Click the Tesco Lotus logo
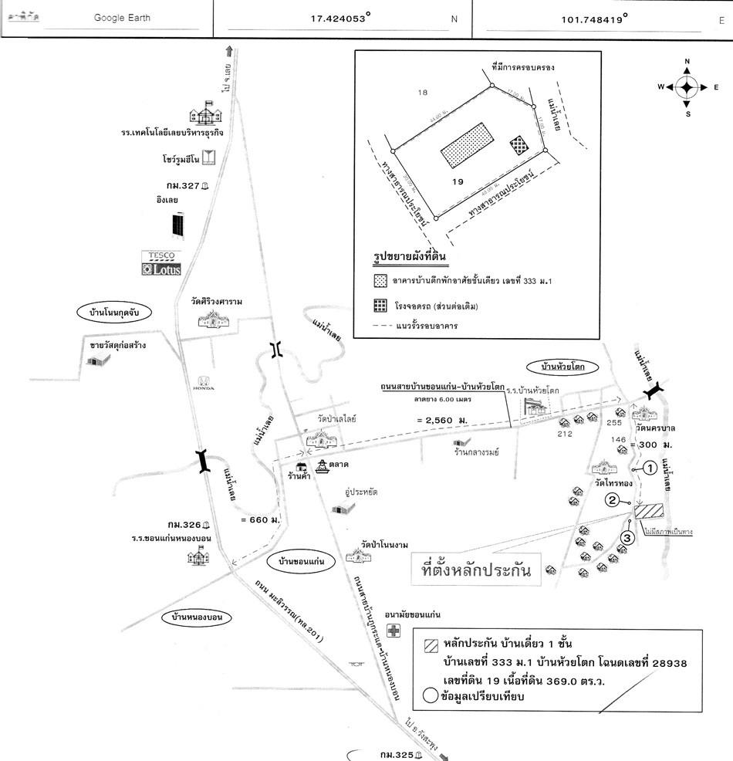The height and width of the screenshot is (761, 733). click(160, 264)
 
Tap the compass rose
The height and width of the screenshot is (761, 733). click(687, 87)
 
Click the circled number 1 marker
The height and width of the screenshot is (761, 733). click(650, 467)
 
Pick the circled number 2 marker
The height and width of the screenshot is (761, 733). click(612, 499)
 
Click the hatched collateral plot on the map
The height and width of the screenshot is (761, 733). click(649, 512)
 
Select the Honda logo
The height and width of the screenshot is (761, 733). click(203, 382)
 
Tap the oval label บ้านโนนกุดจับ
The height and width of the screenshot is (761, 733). click(114, 313)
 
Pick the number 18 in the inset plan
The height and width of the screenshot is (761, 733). click(422, 93)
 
